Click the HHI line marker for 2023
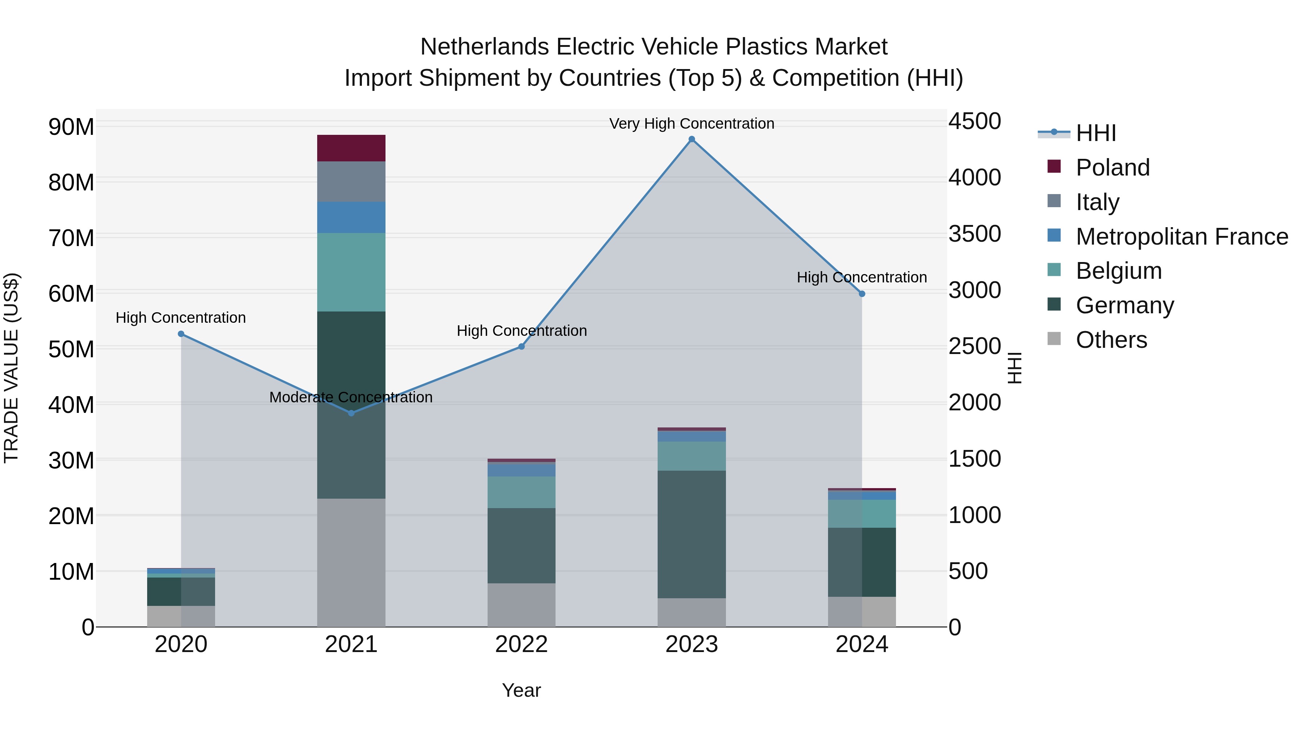(x=691, y=139)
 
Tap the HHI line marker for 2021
(x=351, y=413)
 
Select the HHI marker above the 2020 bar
(x=181, y=334)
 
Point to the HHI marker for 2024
(x=862, y=294)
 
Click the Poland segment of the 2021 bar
(x=351, y=148)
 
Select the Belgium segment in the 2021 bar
(x=351, y=272)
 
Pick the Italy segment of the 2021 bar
(x=351, y=181)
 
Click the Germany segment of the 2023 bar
(x=691, y=533)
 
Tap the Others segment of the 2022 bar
(x=521, y=604)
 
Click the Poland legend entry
(x=1112, y=168)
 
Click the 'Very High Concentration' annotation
(x=691, y=124)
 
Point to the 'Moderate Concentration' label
(x=351, y=397)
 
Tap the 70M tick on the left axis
(x=71, y=238)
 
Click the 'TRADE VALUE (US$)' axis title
(x=11, y=368)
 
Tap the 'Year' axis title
(x=521, y=690)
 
